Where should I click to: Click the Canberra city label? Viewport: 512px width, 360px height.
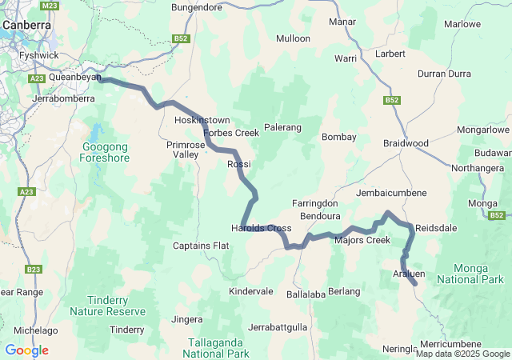[26, 25]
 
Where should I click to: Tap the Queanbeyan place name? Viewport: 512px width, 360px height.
[74, 78]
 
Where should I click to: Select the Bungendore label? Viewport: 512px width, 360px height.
[197, 8]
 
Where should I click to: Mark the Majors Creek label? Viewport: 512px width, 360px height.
[362, 240]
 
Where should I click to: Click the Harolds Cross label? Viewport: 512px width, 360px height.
[261, 228]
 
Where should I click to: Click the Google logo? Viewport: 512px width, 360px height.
[26, 350]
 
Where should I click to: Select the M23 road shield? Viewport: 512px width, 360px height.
[50, 6]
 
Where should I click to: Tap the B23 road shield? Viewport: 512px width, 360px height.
[33, 270]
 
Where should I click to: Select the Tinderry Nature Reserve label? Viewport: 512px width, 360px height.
[107, 305]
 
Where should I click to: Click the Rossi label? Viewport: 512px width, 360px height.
[239, 164]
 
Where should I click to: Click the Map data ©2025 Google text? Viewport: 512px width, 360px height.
[462, 354]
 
